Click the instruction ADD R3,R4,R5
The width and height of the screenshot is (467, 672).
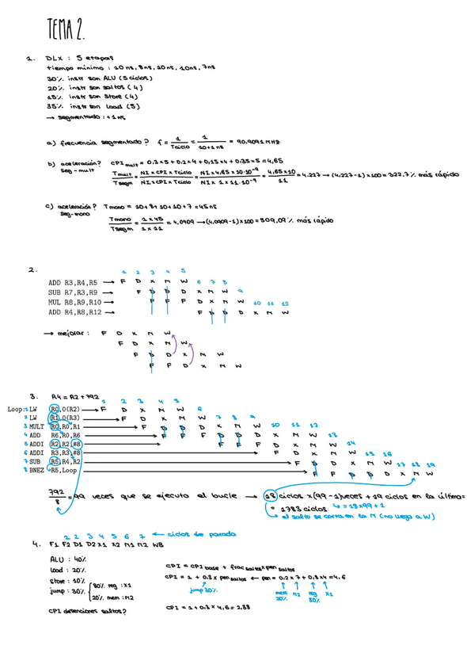click(x=73, y=281)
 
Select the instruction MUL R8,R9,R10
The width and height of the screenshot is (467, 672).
click(x=75, y=302)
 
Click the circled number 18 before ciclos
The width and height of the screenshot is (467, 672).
click(x=271, y=496)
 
